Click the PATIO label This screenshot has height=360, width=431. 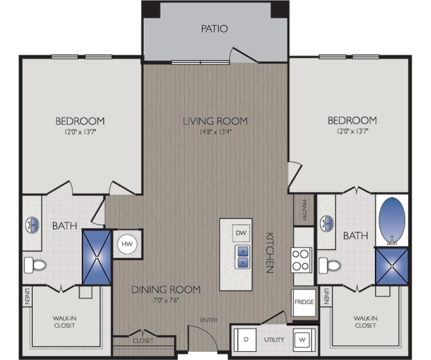pos(214,28)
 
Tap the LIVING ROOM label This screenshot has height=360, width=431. pos(215,121)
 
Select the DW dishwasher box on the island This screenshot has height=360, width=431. pos(240,232)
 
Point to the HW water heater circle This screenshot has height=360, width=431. pos(126,243)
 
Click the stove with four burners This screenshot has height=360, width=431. pos(302,260)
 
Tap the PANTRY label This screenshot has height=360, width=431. pos(304,210)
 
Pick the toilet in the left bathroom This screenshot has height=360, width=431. pos(38,265)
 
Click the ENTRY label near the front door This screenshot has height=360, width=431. pos(208,320)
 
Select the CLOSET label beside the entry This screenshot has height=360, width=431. pos(143,340)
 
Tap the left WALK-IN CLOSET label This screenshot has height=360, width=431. pos(64,321)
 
